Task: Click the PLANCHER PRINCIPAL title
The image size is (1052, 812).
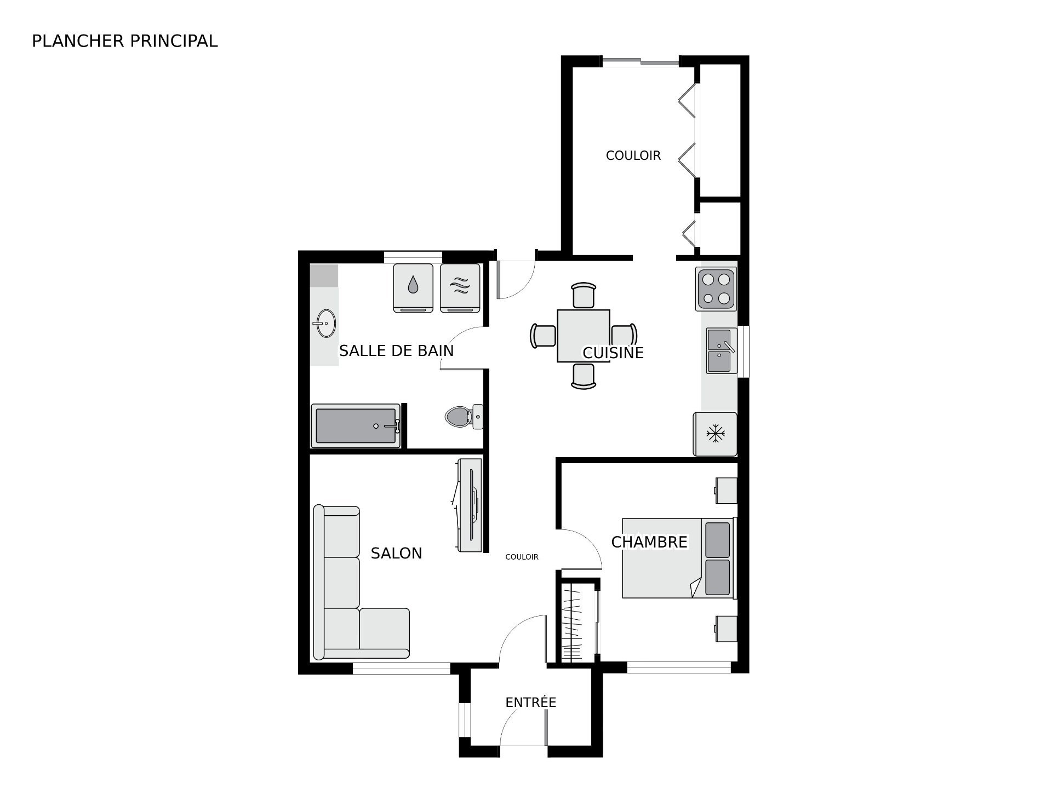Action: point(125,41)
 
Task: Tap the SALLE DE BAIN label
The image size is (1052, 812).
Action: point(397,350)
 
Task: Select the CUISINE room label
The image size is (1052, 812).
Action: point(613,353)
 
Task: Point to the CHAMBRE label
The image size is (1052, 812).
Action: point(649,542)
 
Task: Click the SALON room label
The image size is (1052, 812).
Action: point(397,554)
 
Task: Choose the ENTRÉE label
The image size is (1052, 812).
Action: point(531,702)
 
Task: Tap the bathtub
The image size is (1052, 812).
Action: point(356,425)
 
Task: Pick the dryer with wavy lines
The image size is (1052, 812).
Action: point(460,289)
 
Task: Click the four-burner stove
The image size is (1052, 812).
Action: point(716,289)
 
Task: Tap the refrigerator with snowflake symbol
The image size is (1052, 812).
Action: point(715,434)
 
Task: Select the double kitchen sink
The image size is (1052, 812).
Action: point(721,350)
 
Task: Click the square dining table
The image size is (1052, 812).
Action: point(584,336)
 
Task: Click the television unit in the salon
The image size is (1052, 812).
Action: point(468,505)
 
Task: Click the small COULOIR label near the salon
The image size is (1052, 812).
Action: point(522,557)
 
